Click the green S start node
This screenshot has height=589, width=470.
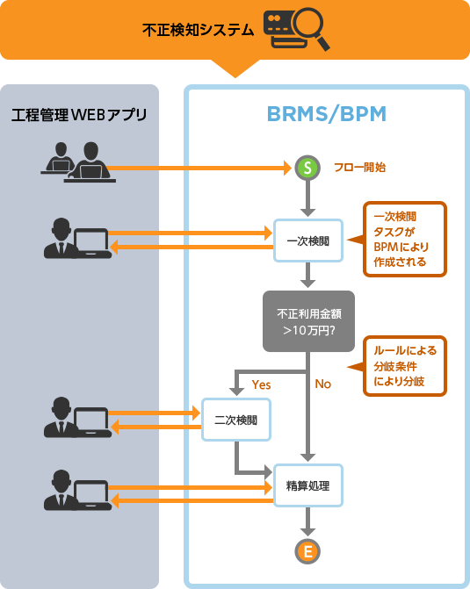pyautogui.click(x=307, y=167)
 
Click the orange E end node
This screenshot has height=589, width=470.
pyautogui.click(x=307, y=551)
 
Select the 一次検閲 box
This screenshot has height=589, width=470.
pyautogui.click(x=307, y=241)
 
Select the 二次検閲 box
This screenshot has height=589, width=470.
pyautogui.click(x=236, y=420)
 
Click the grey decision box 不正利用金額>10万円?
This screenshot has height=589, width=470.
pyautogui.click(x=307, y=322)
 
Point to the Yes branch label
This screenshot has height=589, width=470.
pyautogui.click(x=261, y=384)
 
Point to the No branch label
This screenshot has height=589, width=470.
pyautogui.click(x=323, y=384)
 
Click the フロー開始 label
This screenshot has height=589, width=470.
pyautogui.click(x=359, y=167)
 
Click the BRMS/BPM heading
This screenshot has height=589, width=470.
pyautogui.click(x=326, y=114)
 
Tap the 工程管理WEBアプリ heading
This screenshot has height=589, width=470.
pyautogui.click(x=79, y=115)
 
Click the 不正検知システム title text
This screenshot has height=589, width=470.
pyautogui.click(x=199, y=30)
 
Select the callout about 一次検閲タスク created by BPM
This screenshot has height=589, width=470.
pyautogui.click(x=404, y=239)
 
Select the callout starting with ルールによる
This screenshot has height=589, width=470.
pyautogui.click(x=404, y=365)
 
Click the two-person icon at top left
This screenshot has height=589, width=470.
pyautogui.click(x=78, y=162)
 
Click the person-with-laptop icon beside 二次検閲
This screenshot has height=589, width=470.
pyautogui.click(x=77, y=418)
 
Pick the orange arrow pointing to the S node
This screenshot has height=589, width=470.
pyautogui.click(x=202, y=167)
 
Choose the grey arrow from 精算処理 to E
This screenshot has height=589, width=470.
pyautogui.click(x=307, y=523)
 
